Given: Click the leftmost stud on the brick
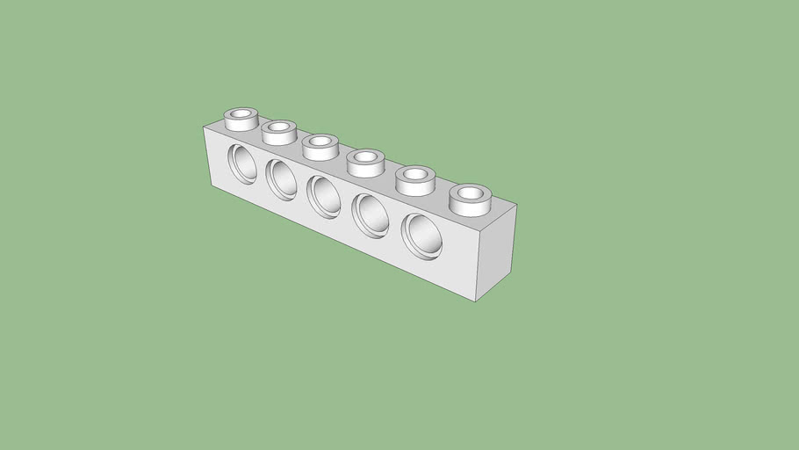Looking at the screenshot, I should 241,120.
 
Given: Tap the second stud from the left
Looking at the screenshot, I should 279,133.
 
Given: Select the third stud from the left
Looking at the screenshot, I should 320,147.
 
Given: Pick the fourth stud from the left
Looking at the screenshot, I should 364,163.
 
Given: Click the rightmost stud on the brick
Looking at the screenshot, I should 470,198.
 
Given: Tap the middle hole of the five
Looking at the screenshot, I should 323,195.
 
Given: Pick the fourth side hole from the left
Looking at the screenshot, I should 370,214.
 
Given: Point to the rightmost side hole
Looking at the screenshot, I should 422,235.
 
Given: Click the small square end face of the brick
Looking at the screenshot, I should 495,252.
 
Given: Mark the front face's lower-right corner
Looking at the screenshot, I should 475,301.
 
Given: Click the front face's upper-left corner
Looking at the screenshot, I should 204,127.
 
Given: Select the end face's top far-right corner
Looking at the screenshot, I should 516,205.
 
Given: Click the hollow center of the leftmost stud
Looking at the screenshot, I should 241,113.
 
